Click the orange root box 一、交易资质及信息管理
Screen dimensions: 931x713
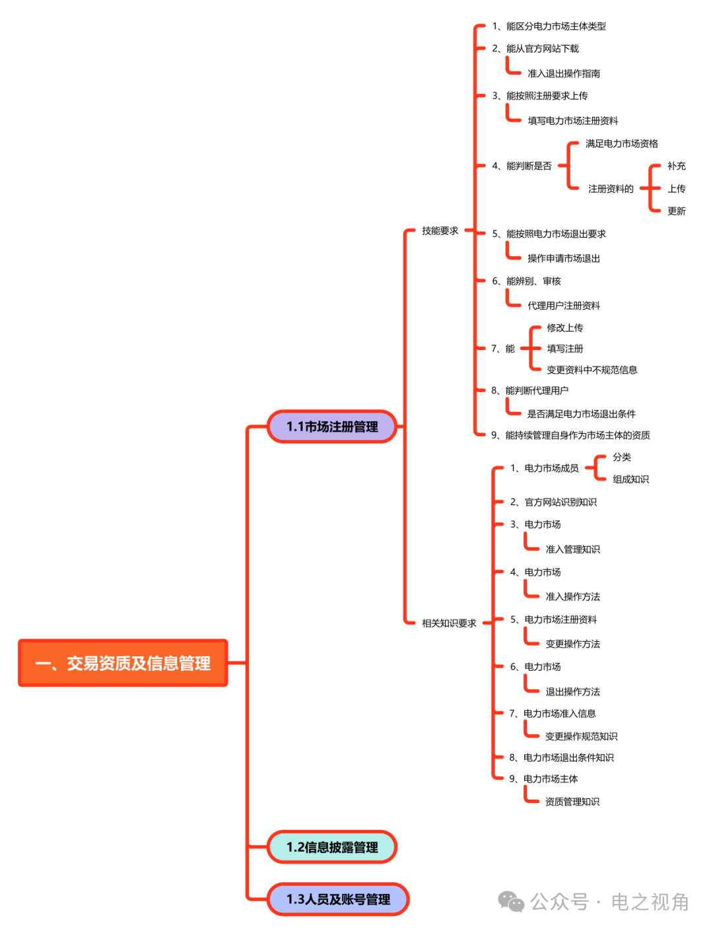click(x=123, y=663)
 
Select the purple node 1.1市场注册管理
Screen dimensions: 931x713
click(x=332, y=427)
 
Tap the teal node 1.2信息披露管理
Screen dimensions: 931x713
click(x=332, y=847)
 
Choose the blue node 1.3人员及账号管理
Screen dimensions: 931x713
click(x=338, y=899)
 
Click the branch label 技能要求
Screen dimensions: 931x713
click(x=440, y=231)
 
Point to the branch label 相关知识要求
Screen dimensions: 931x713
click(x=449, y=623)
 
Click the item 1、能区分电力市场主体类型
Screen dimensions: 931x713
click(x=549, y=26)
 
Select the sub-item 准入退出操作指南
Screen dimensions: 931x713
click(x=563, y=73)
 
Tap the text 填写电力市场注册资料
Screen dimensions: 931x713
click(x=572, y=121)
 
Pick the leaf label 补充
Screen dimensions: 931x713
click(x=676, y=166)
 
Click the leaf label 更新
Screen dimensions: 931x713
click(x=676, y=211)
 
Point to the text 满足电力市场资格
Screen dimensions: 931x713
click(x=621, y=144)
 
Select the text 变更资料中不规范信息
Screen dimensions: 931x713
click(x=592, y=370)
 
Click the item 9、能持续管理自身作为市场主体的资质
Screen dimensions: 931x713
click(x=570, y=435)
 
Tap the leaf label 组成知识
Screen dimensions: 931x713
click(x=630, y=479)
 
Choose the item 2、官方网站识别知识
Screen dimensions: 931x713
click(x=553, y=502)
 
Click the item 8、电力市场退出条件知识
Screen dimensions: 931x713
click(x=561, y=757)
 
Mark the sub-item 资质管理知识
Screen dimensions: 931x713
click(x=572, y=802)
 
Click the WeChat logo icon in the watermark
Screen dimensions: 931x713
click(x=511, y=901)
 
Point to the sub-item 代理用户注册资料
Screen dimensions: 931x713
click(x=563, y=306)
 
